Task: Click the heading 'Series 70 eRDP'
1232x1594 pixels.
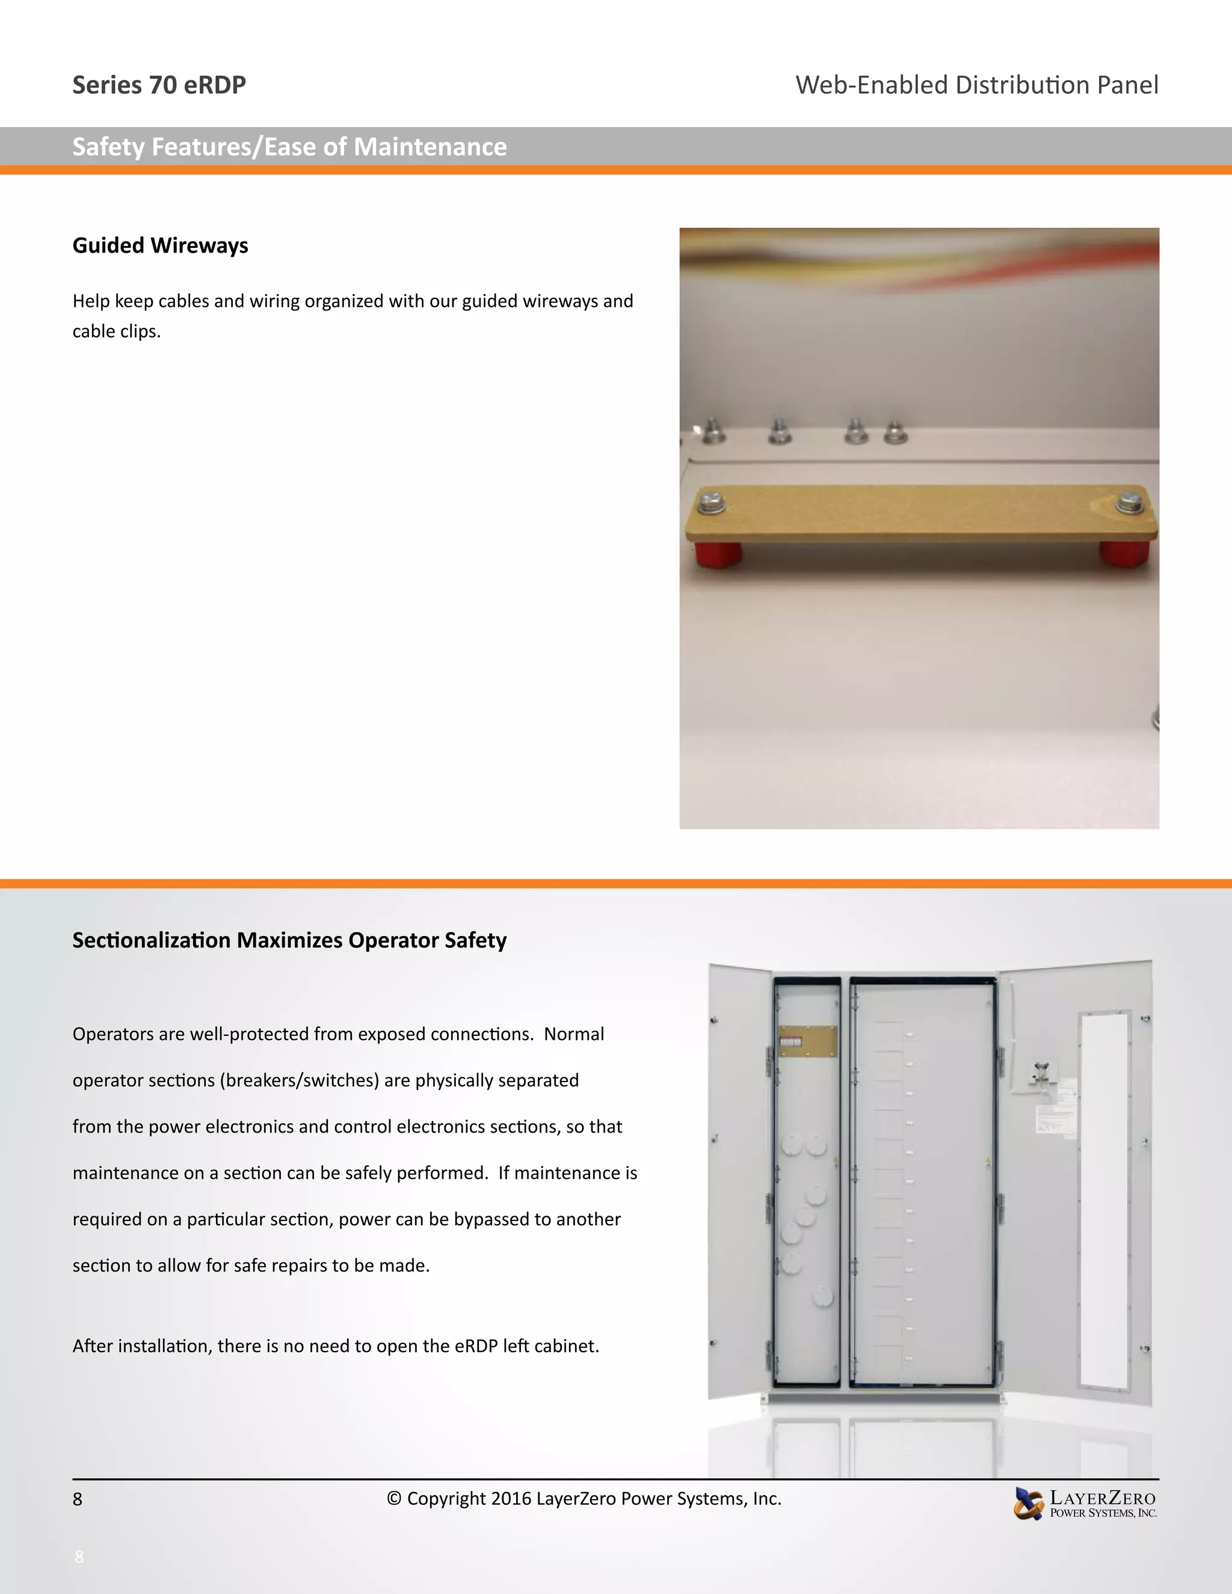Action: [159, 85]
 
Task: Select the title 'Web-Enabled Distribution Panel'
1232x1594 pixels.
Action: [976, 85]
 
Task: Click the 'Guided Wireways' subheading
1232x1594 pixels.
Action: [160, 246]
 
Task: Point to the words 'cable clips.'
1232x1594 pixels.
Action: [116, 331]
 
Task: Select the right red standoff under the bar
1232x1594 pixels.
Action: [1126, 553]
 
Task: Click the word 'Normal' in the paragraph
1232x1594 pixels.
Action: [574, 1034]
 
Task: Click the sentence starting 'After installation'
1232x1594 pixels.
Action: [335, 1346]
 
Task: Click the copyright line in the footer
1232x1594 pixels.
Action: [584, 1498]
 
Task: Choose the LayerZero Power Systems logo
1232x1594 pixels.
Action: [1085, 1504]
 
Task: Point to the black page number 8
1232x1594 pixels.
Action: [78, 1499]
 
